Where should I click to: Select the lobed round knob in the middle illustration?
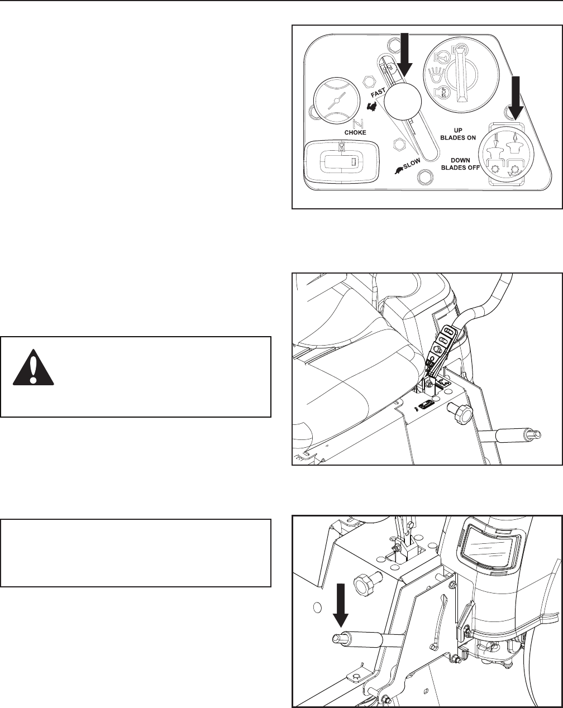[x=462, y=413]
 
